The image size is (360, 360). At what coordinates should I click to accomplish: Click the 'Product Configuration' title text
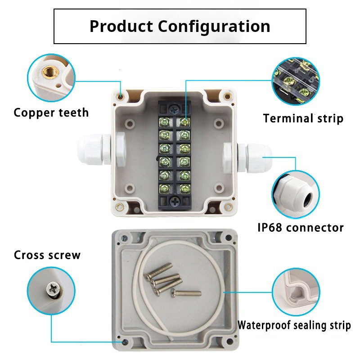coord(180,26)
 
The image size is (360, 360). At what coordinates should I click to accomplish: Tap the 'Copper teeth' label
coord(51,112)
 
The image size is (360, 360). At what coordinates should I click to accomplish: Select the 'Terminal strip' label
coord(303,119)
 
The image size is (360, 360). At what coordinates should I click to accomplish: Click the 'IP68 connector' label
coord(300,227)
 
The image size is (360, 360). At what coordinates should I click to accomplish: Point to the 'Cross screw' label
coord(47,256)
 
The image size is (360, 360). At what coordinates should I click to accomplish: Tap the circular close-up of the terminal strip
coord(296,81)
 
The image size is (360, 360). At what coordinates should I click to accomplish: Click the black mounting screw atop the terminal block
coord(174,108)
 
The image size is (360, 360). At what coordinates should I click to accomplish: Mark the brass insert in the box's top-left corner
coord(121,95)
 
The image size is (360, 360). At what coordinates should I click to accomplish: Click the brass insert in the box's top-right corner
coord(225,96)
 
